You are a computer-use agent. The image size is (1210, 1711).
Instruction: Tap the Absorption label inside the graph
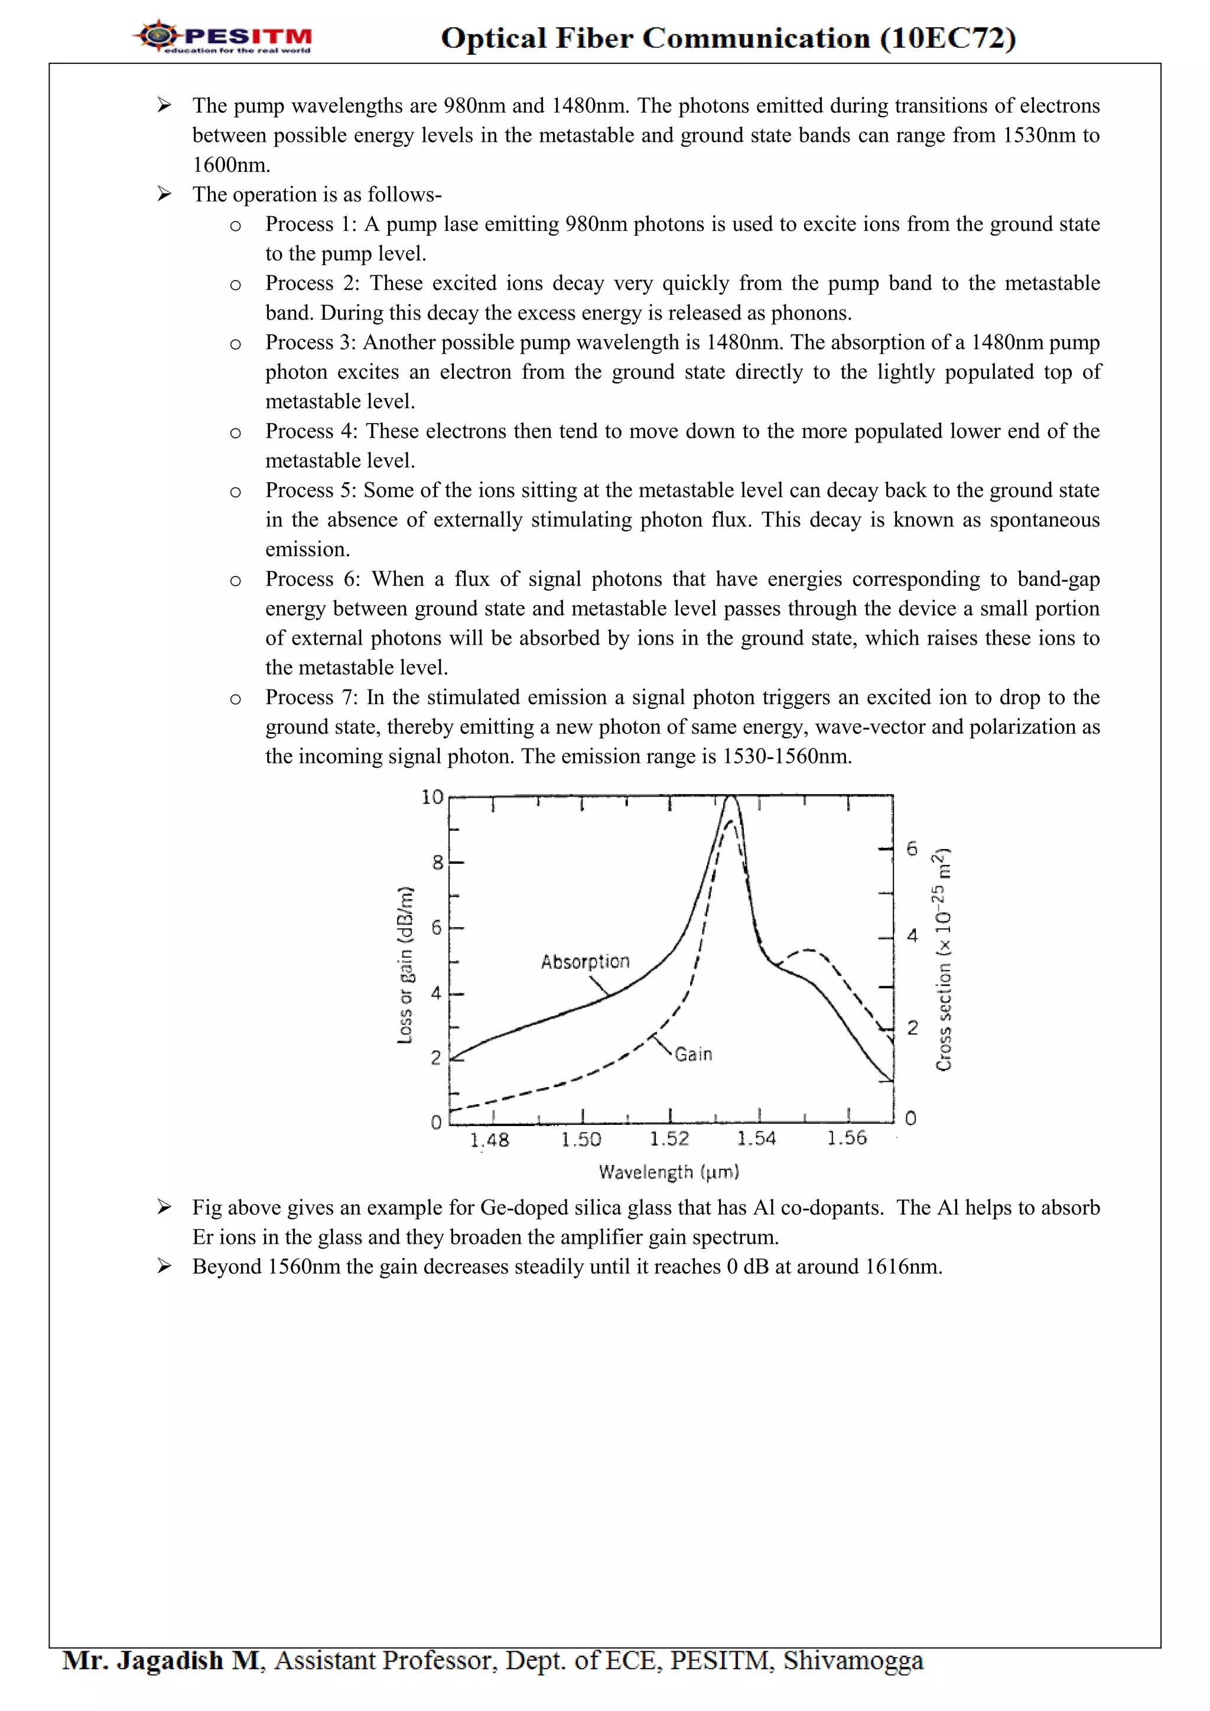coord(585,961)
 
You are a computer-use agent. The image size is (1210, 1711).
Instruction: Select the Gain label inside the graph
coord(694,1054)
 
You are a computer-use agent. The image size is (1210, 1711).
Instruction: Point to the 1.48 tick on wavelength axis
coord(490,1140)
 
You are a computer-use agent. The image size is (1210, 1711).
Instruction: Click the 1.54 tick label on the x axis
coord(756,1138)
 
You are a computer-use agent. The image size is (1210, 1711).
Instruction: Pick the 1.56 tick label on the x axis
coord(847,1137)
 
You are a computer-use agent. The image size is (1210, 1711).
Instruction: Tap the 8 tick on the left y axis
coord(437,862)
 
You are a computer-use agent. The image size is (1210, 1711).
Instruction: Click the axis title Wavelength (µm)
coord(668,1172)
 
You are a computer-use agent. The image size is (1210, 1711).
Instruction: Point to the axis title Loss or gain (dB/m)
coord(405,964)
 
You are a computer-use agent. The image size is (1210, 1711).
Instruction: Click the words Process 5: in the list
coord(311,490)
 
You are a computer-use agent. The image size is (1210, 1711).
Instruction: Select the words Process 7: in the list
coord(311,698)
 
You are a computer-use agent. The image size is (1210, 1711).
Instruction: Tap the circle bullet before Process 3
coord(236,344)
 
